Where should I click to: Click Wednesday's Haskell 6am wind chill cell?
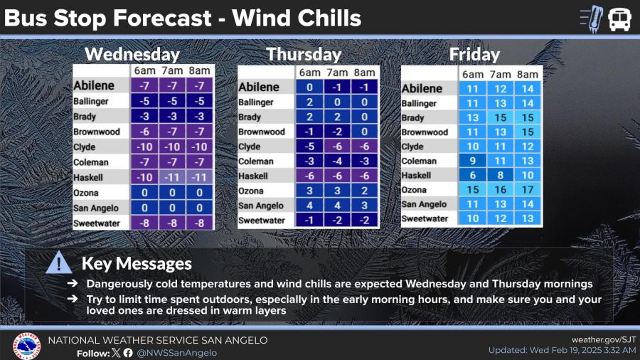pyautogui.click(x=144, y=177)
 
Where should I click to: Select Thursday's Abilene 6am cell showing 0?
pyautogui.click(x=309, y=87)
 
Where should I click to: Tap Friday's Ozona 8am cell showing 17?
pyautogui.click(x=528, y=189)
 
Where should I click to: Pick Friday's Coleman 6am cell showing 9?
pyautogui.click(x=472, y=161)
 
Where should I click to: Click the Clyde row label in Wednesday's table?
pyautogui.click(x=85, y=147)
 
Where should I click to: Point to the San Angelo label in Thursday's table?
pyautogui.click(x=260, y=206)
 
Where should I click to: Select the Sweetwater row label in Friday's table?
pyautogui.click(x=425, y=219)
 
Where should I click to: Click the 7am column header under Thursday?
pyautogui.click(x=337, y=73)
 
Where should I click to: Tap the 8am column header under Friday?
pyautogui.click(x=528, y=74)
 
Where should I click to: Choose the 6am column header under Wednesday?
pyautogui.click(x=144, y=70)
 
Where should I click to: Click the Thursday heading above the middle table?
pyautogui.click(x=304, y=54)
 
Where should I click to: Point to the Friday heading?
pyautogui.click(x=474, y=54)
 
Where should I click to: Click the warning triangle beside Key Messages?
pyautogui.click(x=59, y=263)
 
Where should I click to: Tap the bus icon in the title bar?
pyautogui.click(x=619, y=18)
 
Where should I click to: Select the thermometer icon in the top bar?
pyautogui.click(x=591, y=18)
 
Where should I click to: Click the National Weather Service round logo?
pyautogui.click(x=26, y=346)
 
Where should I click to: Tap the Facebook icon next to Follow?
pyautogui.click(x=128, y=353)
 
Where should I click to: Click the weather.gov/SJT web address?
pyautogui.click(x=604, y=339)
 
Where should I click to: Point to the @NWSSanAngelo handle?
pyautogui.click(x=177, y=353)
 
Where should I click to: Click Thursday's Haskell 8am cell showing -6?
pyautogui.click(x=364, y=176)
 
